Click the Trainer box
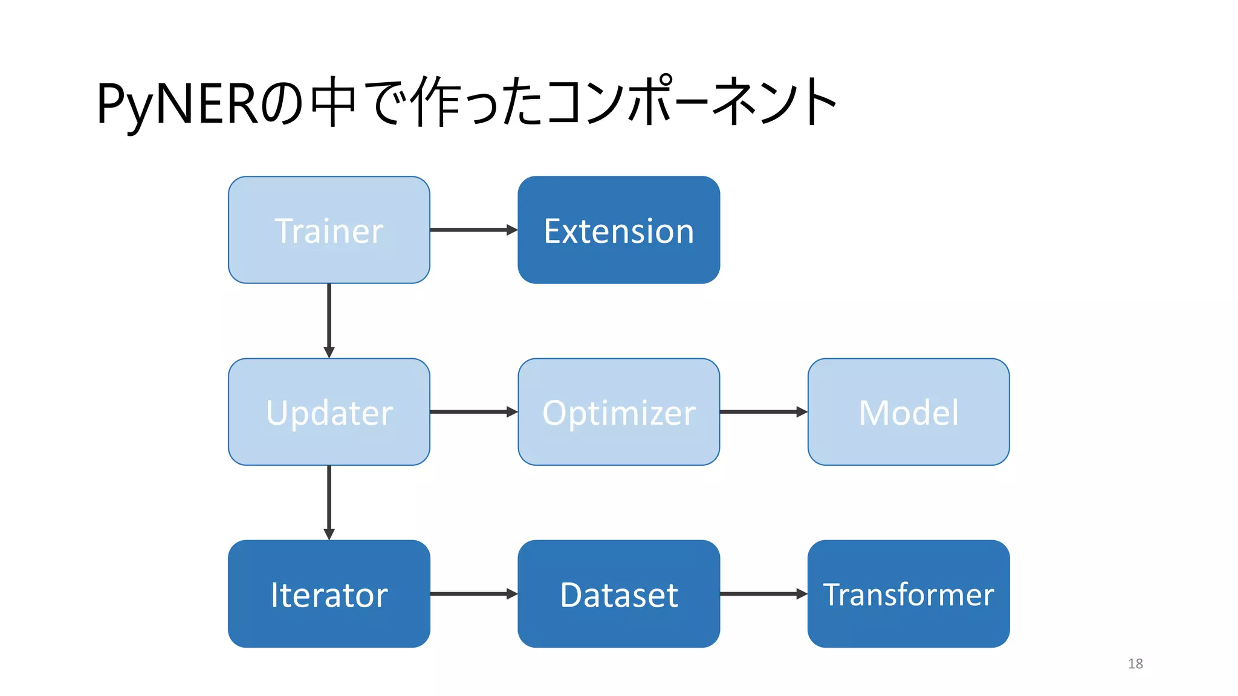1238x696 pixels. pyautogui.click(x=329, y=230)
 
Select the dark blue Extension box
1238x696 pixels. pyautogui.click(x=618, y=230)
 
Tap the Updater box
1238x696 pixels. pyautogui.click(x=329, y=412)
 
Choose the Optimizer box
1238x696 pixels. pyautogui.click(x=618, y=412)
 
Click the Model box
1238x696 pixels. pyautogui.click(x=908, y=412)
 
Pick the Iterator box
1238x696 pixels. pyautogui.click(x=329, y=594)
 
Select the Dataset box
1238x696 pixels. pyautogui.click(x=618, y=594)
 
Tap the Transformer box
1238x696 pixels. pyautogui.click(x=908, y=594)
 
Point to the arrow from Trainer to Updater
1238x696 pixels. pyautogui.click(x=329, y=320)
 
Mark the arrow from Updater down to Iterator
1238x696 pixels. pyautogui.click(x=329, y=502)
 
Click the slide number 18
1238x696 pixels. pyautogui.click(x=1135, y=663)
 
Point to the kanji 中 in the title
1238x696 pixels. pyautogui.click(x=332, y=101)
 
